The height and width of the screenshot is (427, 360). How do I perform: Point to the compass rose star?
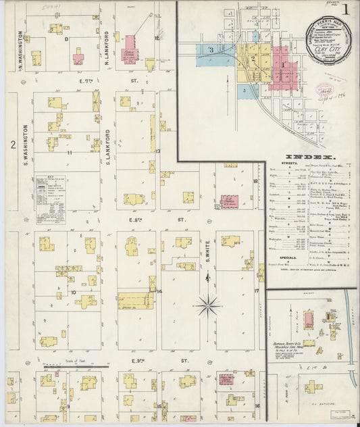207,306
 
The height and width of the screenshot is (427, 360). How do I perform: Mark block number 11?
70,153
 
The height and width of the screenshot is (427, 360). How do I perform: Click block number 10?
73,293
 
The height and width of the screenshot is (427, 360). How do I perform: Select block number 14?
159,291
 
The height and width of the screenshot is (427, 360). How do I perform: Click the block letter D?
66,39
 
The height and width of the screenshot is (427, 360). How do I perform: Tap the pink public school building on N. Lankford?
128,50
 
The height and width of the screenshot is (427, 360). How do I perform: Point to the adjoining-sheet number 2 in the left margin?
12,144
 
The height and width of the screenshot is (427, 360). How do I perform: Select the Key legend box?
51,200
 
